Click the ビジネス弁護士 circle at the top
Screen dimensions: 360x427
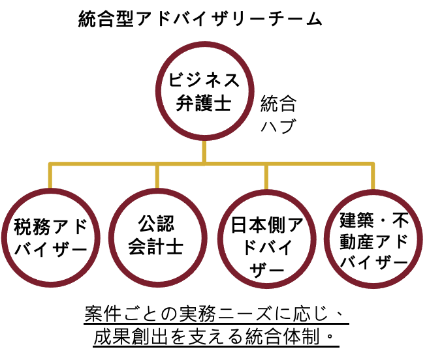[205, 91]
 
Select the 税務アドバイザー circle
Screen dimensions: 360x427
[50, 238]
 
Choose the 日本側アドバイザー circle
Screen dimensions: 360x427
[266, 239]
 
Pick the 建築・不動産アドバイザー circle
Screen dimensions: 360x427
[373, 239]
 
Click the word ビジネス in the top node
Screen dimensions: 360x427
[204, 80]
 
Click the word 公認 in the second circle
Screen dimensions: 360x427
[157, 224]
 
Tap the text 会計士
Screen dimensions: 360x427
[157, 248]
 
